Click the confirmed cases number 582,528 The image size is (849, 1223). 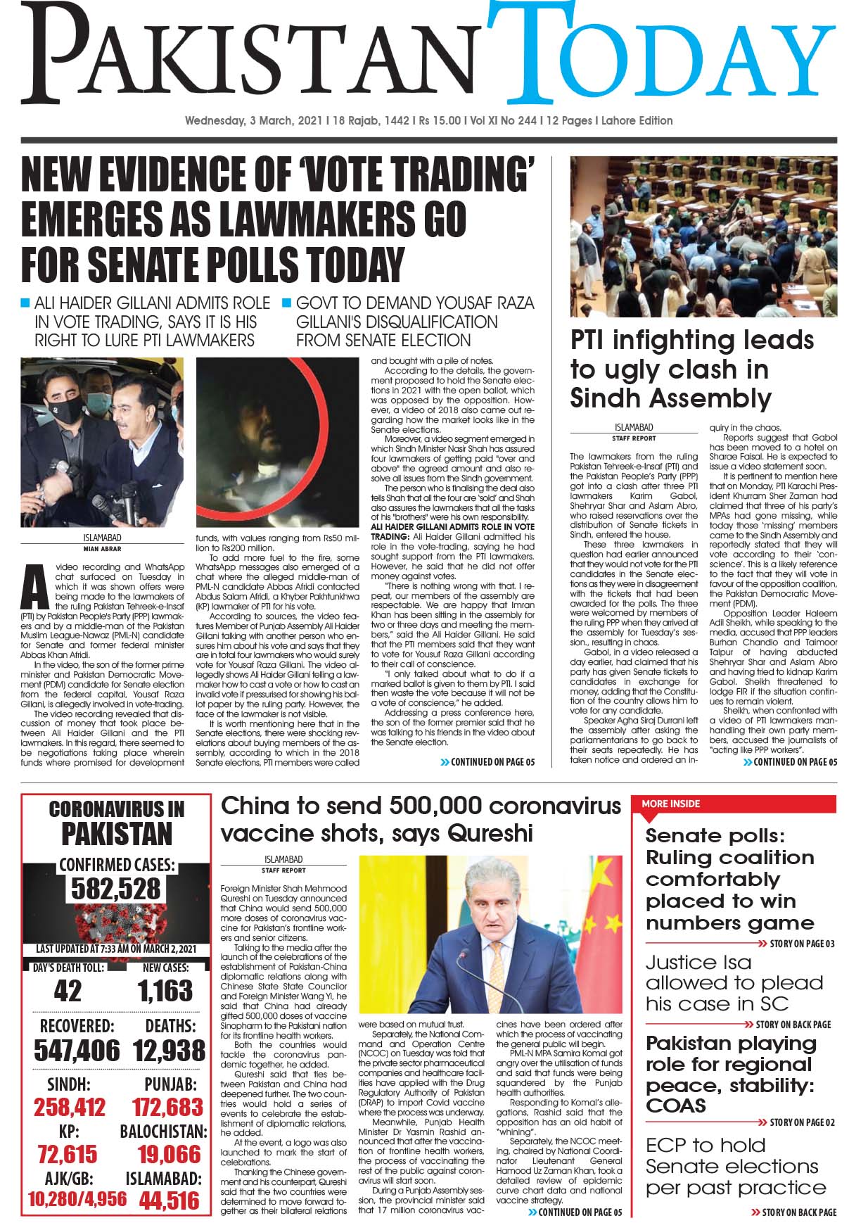(117, 889)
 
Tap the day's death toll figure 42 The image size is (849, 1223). (68, 991)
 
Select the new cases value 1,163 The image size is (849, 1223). (165, 991)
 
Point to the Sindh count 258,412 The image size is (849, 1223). (70, 1106)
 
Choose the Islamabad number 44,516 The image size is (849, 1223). (169, 1200)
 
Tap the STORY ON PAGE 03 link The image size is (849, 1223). (800, 944)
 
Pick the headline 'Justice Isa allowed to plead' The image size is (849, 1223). (734, 982)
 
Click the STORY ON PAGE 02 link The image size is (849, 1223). (801, 1122)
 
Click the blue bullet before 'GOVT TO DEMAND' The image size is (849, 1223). (286, 304)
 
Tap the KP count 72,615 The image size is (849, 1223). (68, 1154)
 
